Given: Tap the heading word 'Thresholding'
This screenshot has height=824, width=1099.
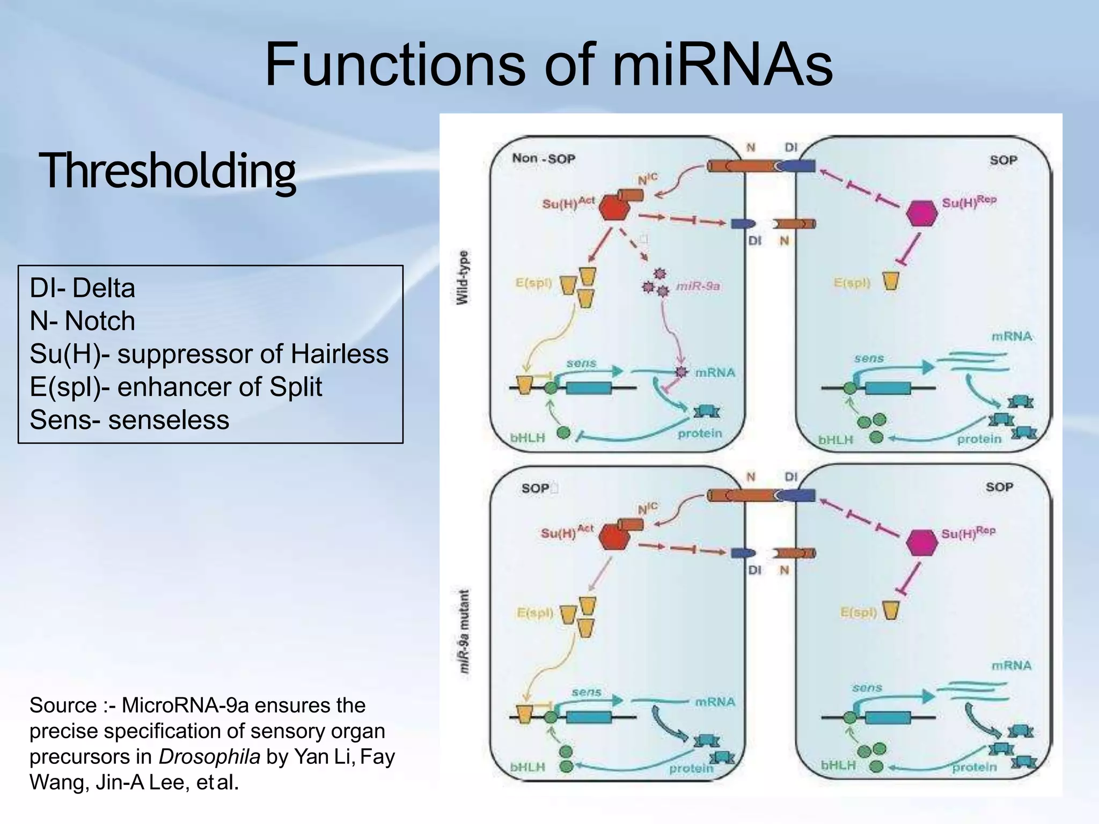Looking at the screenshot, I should click(167, 171).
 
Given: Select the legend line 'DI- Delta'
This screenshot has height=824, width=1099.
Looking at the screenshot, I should click(83, 288).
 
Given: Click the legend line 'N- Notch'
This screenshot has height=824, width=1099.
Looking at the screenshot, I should click(83, 321).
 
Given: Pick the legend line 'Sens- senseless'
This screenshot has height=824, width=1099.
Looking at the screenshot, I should click(129, 420).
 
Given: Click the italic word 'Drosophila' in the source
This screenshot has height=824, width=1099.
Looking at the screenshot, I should click(209, 756).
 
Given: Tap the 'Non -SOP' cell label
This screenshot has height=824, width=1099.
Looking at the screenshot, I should click(543, 158).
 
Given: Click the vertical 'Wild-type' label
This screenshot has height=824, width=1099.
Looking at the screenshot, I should click(462, 277).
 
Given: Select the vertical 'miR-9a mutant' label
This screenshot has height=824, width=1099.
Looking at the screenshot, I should click(464, 631).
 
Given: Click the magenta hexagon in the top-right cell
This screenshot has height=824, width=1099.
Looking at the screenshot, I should click(921, 214).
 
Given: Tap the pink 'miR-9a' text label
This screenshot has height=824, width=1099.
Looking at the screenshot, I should click(698, 286).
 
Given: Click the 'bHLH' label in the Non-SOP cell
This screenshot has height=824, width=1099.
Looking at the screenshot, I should click(527, 438).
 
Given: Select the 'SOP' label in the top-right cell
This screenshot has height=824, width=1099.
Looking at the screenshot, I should click(1003, 160).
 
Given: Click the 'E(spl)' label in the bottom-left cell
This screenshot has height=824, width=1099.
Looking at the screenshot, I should click(535, 613).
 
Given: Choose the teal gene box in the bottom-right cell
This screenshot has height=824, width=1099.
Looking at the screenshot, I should click(888, 717).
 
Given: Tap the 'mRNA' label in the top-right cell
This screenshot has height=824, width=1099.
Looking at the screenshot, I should click(1012, 336).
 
